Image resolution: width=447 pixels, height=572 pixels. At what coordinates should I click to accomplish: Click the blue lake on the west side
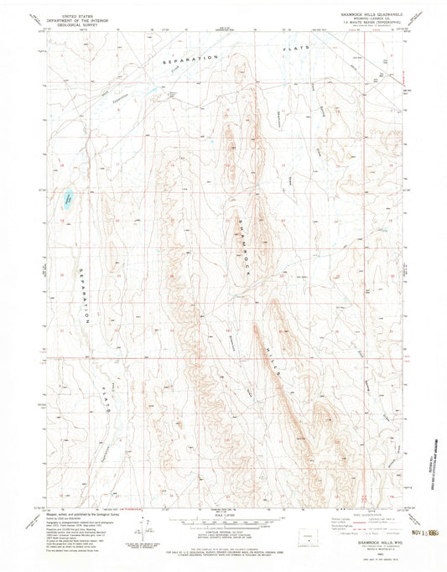coord(65,200)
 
